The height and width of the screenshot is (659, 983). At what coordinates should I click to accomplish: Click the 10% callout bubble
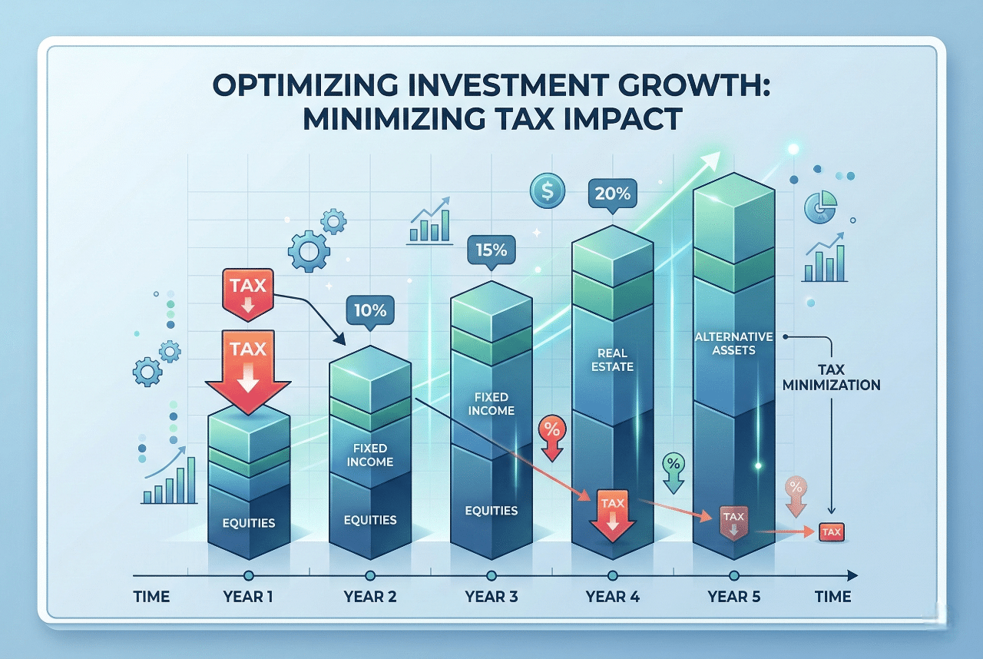click(x=370, y=311)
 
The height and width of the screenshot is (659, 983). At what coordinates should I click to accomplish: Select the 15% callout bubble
click(x=491, y=251)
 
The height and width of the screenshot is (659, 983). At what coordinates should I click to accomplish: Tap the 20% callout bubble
click(x=612, y=193)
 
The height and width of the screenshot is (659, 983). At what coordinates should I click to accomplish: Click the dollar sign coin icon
click(x=548, y=190)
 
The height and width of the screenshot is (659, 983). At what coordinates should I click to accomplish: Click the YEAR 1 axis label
click(x=247, y=597)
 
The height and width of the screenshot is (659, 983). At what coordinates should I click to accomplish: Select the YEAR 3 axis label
click(x=491, y=597)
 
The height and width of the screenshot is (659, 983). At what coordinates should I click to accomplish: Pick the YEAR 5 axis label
click(x=733, y=597)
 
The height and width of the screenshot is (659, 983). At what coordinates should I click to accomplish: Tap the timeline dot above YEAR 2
click(x=370, y=575)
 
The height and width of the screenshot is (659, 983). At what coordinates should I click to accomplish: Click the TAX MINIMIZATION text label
click(x=831, y=376)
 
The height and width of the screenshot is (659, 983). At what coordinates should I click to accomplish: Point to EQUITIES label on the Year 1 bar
click(x=248, y=523)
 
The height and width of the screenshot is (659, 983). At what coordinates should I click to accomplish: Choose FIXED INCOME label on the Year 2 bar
click(x=369, y=455)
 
